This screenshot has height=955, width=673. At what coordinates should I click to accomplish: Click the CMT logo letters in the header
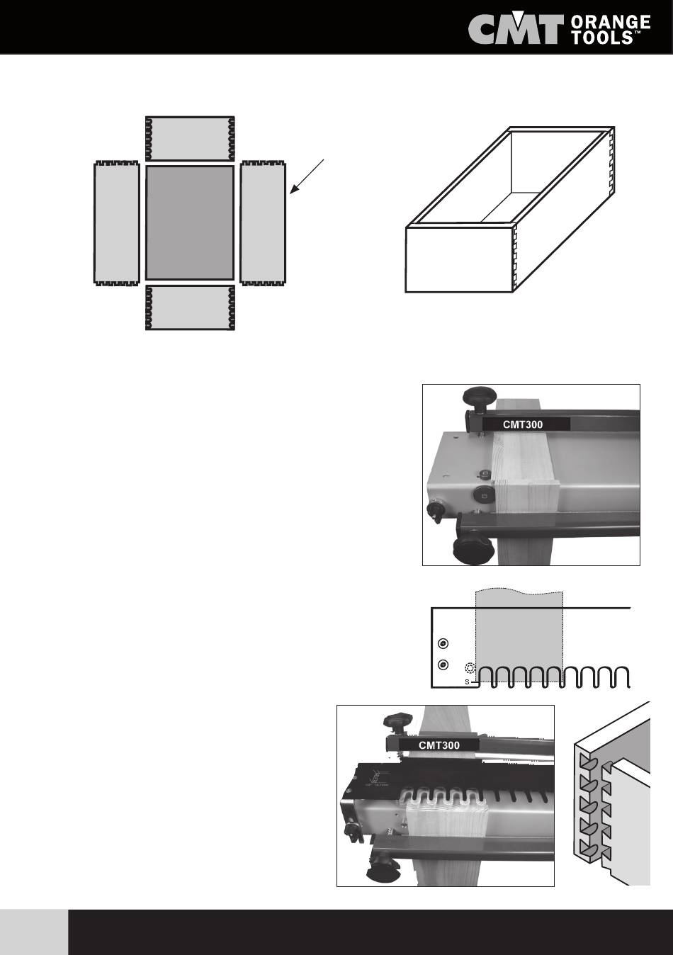[x=516, y=31]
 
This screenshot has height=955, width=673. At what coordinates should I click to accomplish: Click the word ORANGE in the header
[x=610, y=23]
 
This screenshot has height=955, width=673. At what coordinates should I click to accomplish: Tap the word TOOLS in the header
[x=606, y=38]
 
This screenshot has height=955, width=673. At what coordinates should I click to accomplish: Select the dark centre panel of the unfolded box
[x=190, y=222]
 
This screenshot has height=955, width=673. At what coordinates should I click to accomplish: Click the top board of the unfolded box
[x=190, y=139]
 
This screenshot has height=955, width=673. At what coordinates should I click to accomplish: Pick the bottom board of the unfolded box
[x=190, y=307]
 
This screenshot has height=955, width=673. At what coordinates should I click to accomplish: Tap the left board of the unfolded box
[x=117, y=222]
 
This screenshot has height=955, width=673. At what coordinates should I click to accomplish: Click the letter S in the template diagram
[x=467, y=682]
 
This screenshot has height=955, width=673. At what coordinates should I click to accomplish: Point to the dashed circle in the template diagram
[x=470, y=668]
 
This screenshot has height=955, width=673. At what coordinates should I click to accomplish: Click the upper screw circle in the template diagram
[x=443, y=643]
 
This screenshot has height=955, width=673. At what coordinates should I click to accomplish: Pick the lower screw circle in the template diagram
[x=443, y=665]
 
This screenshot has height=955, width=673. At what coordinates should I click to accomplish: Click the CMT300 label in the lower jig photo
[x=439, y=745]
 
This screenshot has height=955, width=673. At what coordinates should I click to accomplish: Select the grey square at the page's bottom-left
[x=34, y=932]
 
